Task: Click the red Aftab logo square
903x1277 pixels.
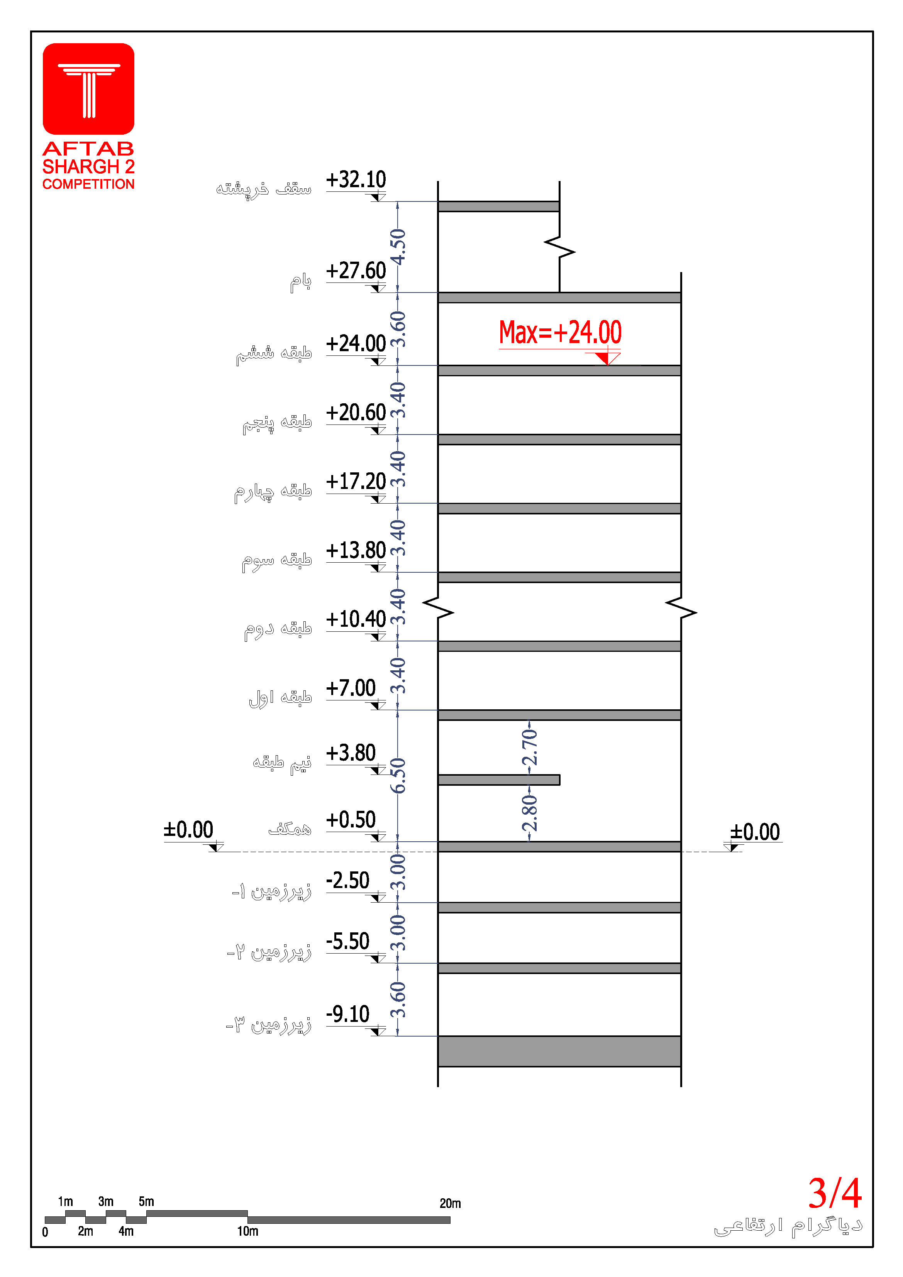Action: (x=88, y=89)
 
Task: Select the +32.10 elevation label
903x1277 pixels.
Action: (x=356, y=180)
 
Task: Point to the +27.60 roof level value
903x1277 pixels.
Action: (x=356, y=271)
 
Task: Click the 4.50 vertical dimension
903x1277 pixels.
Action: (x=398, y=247)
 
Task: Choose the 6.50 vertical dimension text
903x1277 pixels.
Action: (x=398, y=775)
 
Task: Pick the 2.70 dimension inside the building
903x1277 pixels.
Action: (x=530, y=747)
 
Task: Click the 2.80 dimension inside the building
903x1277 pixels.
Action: (x=530, y=813)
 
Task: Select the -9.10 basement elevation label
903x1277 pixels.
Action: (x=348, y=1014)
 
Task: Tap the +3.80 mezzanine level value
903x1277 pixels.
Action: (x=351, y=753)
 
